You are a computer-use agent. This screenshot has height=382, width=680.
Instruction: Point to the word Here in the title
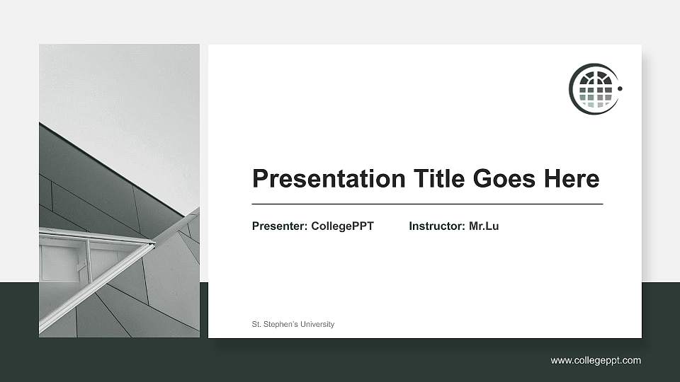(571, 178)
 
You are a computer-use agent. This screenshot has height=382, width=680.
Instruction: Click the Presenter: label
(280, 226)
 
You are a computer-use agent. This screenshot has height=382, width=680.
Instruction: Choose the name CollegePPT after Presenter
(342, 226)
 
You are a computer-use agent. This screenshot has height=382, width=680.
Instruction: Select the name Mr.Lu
(484, 226)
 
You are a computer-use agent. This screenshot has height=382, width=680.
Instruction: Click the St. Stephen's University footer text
(293, 324)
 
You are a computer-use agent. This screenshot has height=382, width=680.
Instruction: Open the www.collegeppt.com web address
(596, 361)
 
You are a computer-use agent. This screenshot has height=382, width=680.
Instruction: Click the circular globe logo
(594, 89)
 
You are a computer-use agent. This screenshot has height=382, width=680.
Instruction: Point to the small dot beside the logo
(620, 89)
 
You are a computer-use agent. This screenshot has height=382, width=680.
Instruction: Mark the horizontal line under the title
(427, 204)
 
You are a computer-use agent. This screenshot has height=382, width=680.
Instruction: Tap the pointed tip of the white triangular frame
(154, 244)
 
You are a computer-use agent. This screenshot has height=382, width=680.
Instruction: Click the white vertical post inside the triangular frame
(89, 255)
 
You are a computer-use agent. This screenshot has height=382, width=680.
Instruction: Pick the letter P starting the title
(260, 178)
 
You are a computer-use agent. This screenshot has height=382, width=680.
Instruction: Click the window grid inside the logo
(594, 91)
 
